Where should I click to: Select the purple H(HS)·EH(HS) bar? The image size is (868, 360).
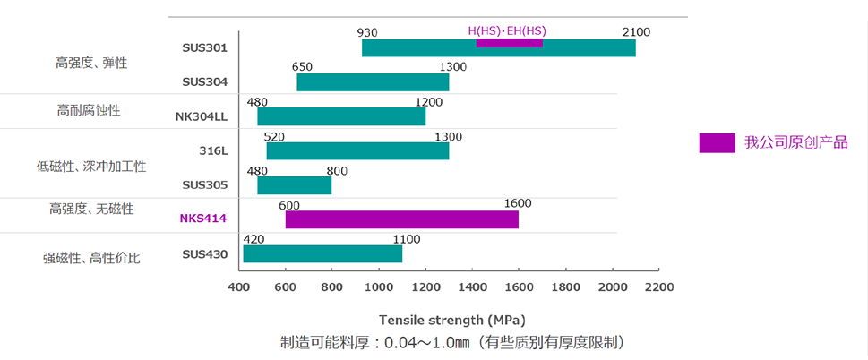[509, 42]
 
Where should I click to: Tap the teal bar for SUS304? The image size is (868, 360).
[373, 82]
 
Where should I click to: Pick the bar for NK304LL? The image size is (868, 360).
[341, 116]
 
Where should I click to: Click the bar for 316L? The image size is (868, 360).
[357, 150]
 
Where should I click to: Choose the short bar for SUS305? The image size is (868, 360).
[294, 185]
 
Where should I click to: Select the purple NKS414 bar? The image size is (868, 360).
[401, 219]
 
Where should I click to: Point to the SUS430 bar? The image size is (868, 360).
[322, 253]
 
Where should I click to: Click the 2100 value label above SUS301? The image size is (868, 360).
[636, 32]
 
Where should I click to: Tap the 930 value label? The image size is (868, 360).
[367, 32]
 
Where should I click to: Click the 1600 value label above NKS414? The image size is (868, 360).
[518, 202]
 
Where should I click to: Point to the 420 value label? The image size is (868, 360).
[254, 237]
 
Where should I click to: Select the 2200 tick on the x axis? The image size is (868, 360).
[658, 287]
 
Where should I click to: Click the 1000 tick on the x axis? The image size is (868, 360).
[378, 287]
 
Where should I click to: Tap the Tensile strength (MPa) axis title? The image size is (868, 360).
[451, 320]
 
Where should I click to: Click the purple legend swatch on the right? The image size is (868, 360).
[717, 142]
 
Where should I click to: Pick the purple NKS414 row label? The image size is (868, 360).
[203, 218]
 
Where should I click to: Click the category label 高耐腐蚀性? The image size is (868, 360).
[89, 110]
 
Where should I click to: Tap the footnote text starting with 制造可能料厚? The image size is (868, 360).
[451, 342]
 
